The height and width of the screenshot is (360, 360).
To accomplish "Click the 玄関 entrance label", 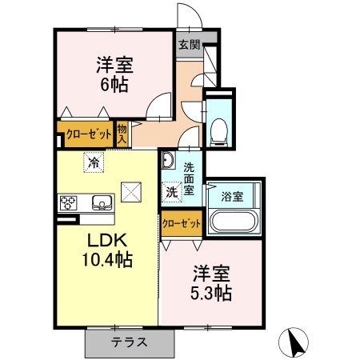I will [189, 44].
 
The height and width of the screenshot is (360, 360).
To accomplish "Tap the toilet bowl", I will [218, 130].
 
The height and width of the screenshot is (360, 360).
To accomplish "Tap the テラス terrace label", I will [129, 342].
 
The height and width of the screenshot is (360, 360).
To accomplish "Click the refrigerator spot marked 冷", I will [94, 163].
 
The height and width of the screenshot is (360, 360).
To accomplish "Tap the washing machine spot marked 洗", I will [171, 192].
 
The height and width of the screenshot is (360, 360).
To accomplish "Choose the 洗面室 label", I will [189, 180].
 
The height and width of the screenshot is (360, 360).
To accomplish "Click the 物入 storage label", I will [122, 133].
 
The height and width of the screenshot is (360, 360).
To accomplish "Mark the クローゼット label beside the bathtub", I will [181, 223].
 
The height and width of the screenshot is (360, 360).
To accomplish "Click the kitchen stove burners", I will [66, 202].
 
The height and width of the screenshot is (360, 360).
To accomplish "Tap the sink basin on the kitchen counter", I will [101, 202].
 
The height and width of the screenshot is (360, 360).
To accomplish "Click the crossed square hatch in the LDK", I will [130, 192].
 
